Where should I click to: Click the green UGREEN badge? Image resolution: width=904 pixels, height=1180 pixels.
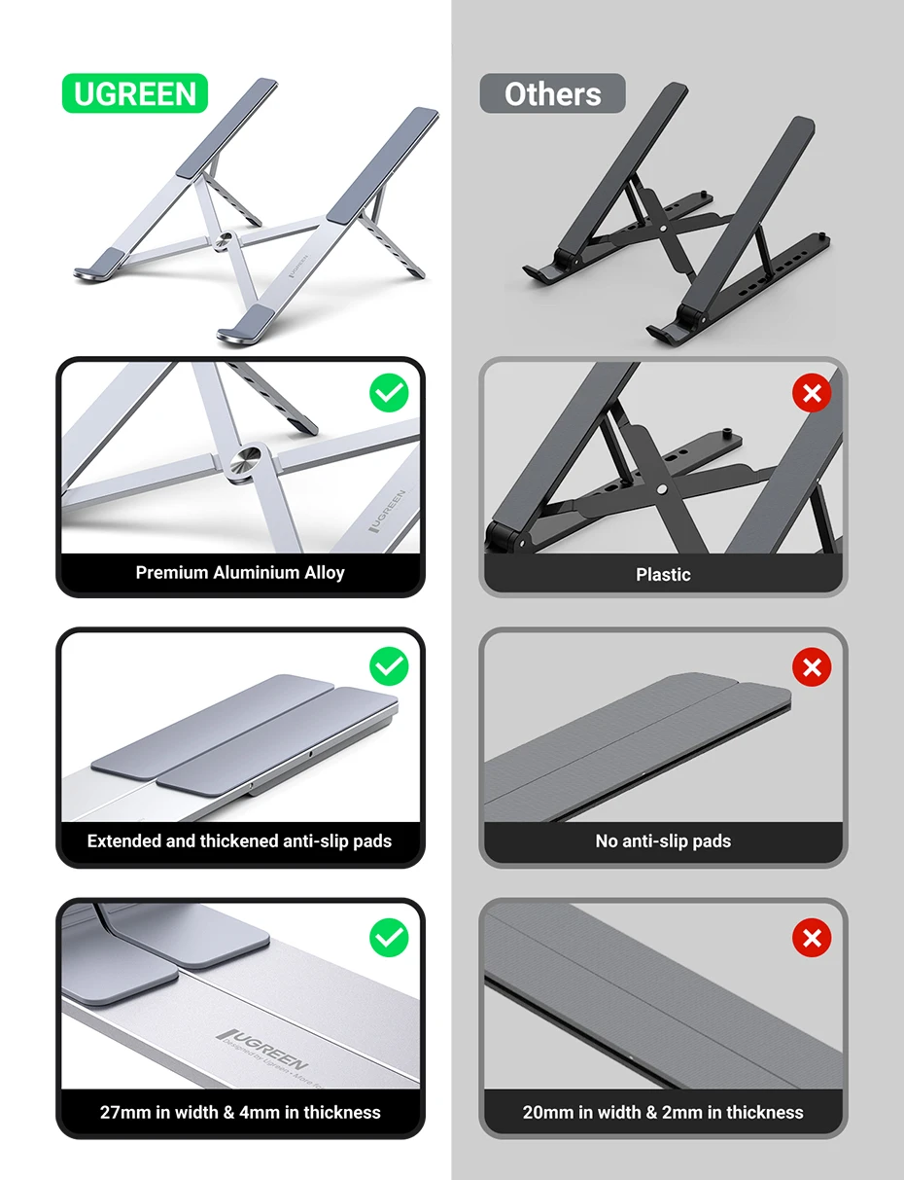click(x=135, y=93)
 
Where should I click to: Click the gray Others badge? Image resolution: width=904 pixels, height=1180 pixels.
click(x=552, y=93)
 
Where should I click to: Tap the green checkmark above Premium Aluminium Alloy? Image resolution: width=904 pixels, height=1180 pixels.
click(x=389, y=394)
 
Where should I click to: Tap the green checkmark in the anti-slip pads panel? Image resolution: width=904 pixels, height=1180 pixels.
click(x=389, y=666)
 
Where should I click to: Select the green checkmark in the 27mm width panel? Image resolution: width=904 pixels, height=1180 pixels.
click(x=389, y=938)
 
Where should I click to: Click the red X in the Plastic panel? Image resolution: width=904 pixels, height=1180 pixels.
click(x=812, y=394)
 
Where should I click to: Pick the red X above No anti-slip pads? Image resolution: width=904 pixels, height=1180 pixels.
click(x=812, y=666)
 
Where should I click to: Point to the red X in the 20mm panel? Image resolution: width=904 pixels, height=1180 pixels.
click(x=812, y=938)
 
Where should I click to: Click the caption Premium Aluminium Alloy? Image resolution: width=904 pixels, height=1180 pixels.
click(x=240, y=572)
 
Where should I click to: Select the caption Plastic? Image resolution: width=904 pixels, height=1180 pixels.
click(x=663, y=574)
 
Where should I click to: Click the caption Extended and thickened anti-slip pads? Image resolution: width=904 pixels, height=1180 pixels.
click(x=239, y=840)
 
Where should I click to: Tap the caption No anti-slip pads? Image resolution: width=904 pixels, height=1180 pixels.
click(x=663, y=840)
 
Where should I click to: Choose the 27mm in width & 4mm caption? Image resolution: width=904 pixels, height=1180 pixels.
click(x=240, y=1112)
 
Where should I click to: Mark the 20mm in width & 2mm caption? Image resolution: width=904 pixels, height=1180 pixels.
click(x=663, y=1112)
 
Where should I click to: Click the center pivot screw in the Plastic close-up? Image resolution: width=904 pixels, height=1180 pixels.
click(x=661, y=490)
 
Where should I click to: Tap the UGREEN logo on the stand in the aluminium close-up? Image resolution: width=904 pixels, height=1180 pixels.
click(x=391, y=510)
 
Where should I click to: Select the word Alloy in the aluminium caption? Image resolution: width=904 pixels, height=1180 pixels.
click(x=324, y=572)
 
